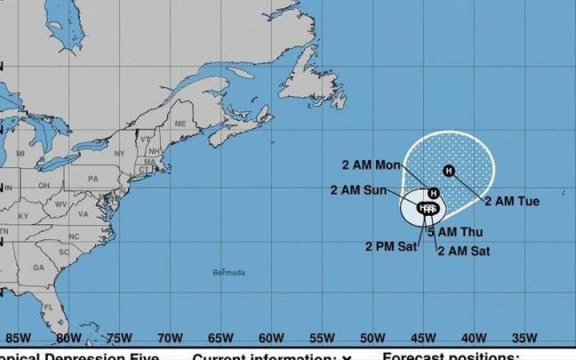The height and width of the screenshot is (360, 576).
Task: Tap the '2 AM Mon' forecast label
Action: click(371, 164)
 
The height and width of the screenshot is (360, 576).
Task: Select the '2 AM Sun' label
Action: click(359, 189)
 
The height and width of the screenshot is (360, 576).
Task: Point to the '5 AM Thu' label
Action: click(454, 232)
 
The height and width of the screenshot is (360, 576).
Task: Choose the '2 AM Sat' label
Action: click(463, 250)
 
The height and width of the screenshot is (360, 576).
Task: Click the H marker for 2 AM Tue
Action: click(448, 170)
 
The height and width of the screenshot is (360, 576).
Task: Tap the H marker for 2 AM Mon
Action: click(433, 192)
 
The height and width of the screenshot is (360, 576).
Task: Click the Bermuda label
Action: click(230, 271)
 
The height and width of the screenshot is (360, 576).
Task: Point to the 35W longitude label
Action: click(525, 338)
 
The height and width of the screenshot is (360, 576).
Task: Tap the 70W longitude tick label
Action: click(170, 338)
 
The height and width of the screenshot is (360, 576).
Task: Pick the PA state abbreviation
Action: click(92, 178)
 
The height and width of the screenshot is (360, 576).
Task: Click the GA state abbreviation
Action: click(38, 267)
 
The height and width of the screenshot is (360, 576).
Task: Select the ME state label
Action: click(180, 123)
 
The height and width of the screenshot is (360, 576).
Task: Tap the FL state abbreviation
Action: click(49, 308)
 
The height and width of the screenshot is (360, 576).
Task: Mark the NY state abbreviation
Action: click(116, 153)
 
